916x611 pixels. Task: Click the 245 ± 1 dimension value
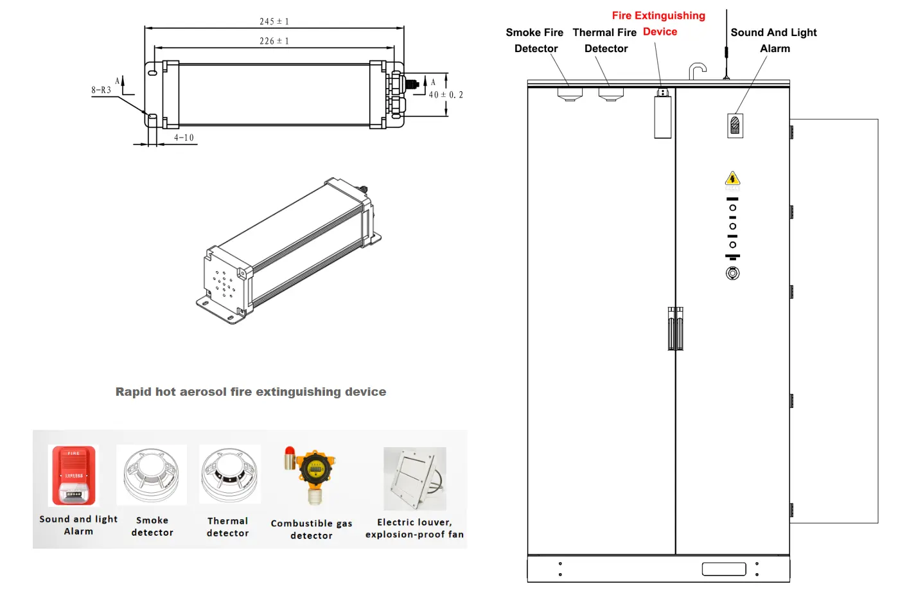(x=274, y=21)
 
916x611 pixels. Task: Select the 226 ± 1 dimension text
(x=274, y=40)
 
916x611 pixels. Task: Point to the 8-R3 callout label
(x=101, y=90)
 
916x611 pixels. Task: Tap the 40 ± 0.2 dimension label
(x=446, y=94)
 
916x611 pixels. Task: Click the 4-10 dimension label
(x=184, y=137)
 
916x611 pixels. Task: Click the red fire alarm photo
(x=74, y=475)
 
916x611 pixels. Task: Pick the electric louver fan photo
(x=415, y=479)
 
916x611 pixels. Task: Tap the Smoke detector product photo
(x=152, y=475)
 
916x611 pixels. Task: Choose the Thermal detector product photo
(x=229, y=474)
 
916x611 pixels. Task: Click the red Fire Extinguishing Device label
(x=659, y=23)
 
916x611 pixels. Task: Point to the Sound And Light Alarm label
(x=774, y=40)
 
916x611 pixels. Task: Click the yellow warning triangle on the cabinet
(x=732, y=179)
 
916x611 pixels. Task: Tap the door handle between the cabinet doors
(x=675, y=328)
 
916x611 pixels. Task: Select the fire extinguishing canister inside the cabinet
(x=663, y=116)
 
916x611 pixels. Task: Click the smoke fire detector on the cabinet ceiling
(x=570, y=94)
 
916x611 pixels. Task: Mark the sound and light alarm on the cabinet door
(x=735, y=125)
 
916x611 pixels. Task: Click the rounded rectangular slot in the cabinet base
(x=724, y=569)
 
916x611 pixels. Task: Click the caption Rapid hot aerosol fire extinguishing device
(x=251, y=391)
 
